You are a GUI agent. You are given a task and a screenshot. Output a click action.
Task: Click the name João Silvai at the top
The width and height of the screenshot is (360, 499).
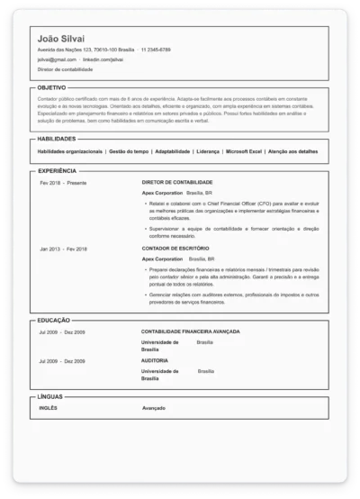(63, 37)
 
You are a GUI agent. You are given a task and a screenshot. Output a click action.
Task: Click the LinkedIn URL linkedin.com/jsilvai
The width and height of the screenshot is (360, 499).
(103, 59)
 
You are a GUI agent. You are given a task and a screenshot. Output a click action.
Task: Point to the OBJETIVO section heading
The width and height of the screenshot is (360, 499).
(52, 87)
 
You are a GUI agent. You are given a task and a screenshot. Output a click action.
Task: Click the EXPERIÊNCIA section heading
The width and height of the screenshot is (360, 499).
(58, 169)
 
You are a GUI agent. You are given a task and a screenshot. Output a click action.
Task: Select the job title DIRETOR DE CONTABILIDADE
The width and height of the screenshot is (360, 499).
(177, 182)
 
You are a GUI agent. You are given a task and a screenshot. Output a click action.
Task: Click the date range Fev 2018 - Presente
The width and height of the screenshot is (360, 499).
(63, 182)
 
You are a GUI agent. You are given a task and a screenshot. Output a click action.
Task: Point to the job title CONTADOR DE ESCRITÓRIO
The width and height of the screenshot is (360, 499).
(175, 248)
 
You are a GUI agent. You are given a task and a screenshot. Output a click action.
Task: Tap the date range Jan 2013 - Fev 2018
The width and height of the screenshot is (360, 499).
(63, 248)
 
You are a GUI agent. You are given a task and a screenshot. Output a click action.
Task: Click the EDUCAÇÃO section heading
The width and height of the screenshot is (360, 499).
(55, 320)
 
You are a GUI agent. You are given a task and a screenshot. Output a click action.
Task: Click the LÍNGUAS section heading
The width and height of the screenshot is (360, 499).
(50, 396)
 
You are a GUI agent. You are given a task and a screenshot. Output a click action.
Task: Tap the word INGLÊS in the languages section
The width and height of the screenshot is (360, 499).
(49, 407)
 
